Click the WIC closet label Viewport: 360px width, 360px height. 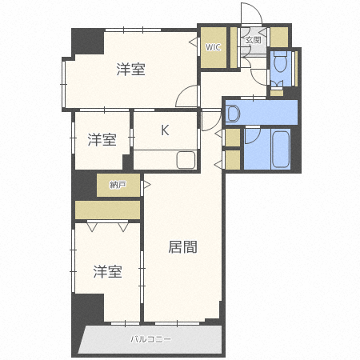(213, 47)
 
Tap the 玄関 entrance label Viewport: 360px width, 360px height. (253, 40)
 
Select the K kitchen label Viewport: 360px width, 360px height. (165, 130)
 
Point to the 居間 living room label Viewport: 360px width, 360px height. (182, 247)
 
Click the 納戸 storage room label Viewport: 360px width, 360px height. (118, 185)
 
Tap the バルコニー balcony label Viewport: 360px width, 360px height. (150, 339)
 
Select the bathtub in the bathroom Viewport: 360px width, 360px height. (281, 149)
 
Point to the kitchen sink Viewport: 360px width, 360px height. (186, 160)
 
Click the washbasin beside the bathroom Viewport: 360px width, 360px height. (233, 114)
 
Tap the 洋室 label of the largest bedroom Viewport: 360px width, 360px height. (130, 70)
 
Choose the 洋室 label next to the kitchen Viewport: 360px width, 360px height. (102, 140)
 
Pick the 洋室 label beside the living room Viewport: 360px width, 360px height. (107, 271)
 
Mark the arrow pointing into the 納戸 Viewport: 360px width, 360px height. (147, 185)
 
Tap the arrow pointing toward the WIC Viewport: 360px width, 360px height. (193, 42)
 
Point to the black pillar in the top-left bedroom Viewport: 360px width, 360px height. (88, 42)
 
